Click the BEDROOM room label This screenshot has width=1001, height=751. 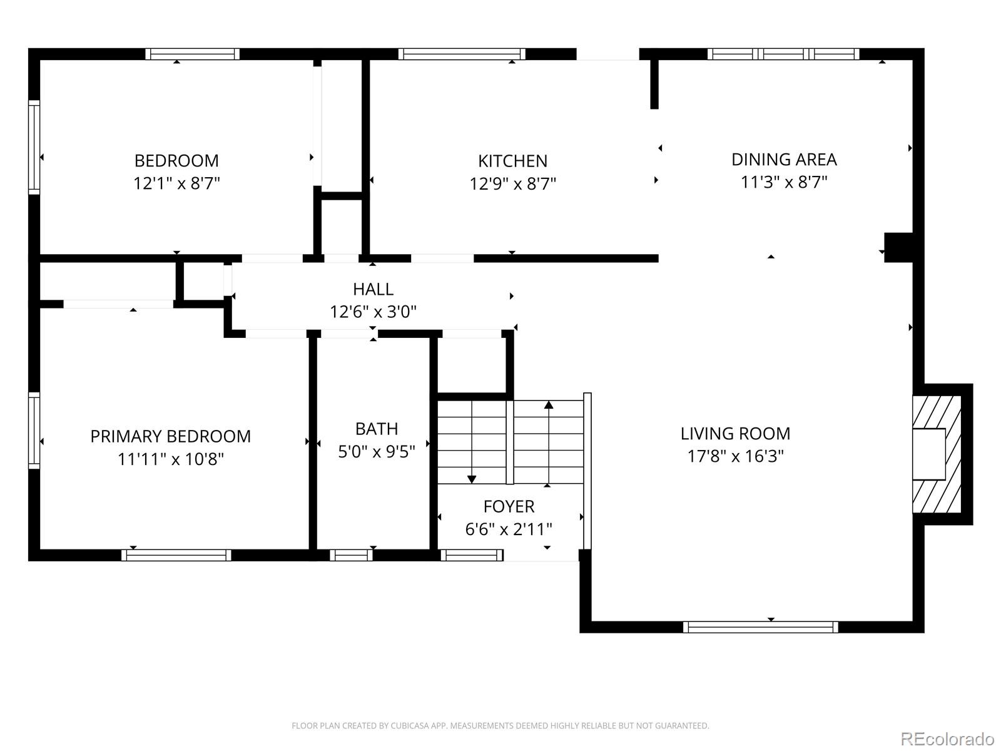pos(176,161)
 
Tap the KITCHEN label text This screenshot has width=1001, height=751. pos(512,161)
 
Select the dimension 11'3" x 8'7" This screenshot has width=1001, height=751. pos(784,182)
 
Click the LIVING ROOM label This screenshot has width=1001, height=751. pos(735,433)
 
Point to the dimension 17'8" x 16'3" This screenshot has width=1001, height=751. pos(735,456)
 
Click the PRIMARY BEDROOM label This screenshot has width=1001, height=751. pos(170,436)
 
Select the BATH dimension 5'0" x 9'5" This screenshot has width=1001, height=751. pos(377,452)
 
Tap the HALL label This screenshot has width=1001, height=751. pos(373,289)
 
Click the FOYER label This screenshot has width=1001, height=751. pos(509,506)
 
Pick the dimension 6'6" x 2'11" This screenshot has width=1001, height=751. pos(509,529)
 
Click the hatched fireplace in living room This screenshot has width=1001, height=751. pos(937,454)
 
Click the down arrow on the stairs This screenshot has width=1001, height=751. pos(472,479)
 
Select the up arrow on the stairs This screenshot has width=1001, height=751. pos(549,405)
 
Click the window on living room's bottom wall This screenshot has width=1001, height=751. pos(760,627)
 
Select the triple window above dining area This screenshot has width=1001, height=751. pos(783,54)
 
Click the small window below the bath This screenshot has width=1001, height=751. pos(351,555)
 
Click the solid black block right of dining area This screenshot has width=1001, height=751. pos(898,246)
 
